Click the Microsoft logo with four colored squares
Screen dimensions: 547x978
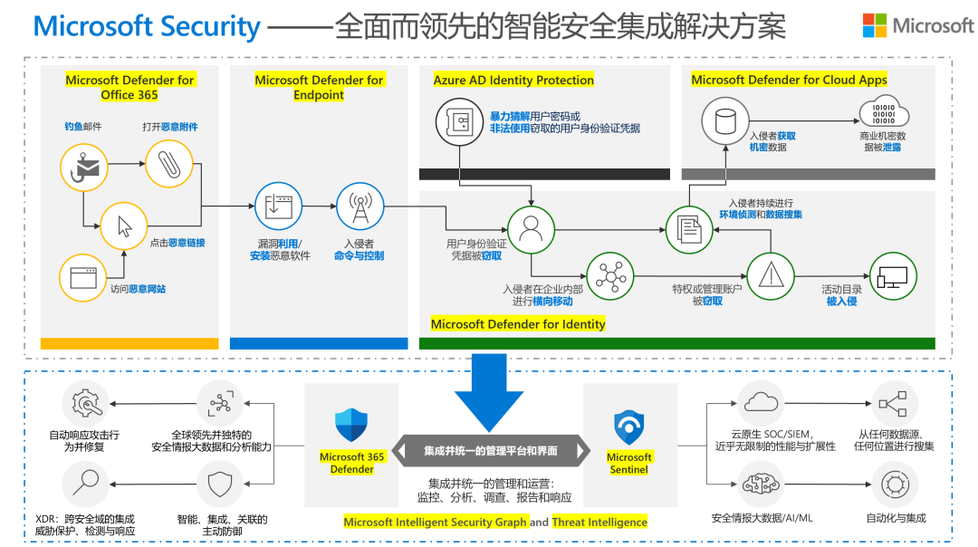(874, 25)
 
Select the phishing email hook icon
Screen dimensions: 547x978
(85, 167)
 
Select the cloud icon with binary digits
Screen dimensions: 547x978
(884, 115)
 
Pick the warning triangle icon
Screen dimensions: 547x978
(770, 276)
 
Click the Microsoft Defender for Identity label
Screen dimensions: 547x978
(518, 324)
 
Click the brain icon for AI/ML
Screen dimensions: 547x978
(762, 485)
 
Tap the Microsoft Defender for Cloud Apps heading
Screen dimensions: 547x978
(789, 80)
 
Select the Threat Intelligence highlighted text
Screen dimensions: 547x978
(599, 522)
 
